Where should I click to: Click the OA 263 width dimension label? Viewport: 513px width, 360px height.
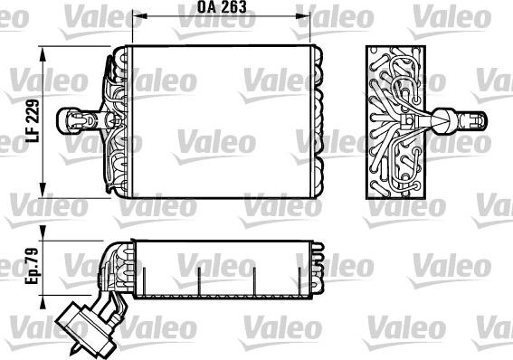(x=220, y=8)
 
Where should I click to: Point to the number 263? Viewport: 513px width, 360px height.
(x=233, y=8)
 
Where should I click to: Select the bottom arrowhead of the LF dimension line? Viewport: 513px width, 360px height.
(x=43, y=193)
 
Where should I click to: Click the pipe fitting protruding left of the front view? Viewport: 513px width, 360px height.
(x=77, y=118)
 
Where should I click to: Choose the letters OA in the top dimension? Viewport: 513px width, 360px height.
(x=206, y=8)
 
